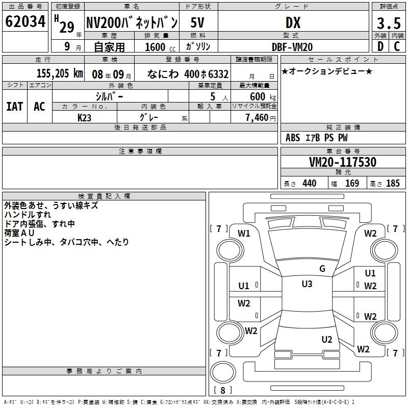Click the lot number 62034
point(25,23)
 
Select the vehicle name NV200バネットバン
point(131,23)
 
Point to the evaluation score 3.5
point(388,23)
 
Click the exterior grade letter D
point(380,46)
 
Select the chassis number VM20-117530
point(343,162)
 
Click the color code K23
point(85,117)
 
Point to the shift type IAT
point(14,107)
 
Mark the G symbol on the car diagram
point(322,269)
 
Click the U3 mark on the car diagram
point(307,284)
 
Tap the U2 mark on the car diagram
point(327,339)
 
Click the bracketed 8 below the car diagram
point(222,391)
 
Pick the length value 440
point(309,184)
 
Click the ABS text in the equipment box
point(293,138)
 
